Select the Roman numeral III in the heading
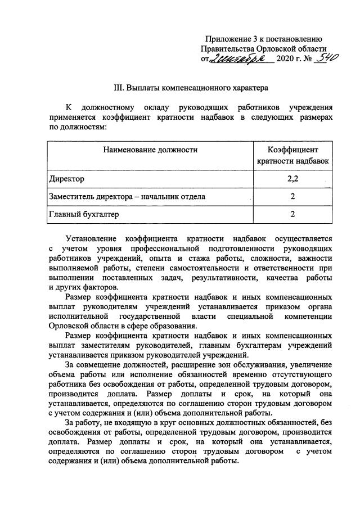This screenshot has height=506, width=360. (x=118, y=88)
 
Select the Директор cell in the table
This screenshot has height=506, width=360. (x=66, y=179)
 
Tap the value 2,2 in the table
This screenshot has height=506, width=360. (x=292, y=179)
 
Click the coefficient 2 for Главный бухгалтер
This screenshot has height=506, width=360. (x=292, y=214)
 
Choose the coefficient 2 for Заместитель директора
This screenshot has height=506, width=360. (x=292, y=196)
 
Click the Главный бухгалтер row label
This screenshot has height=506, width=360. (x=84, y=214)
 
